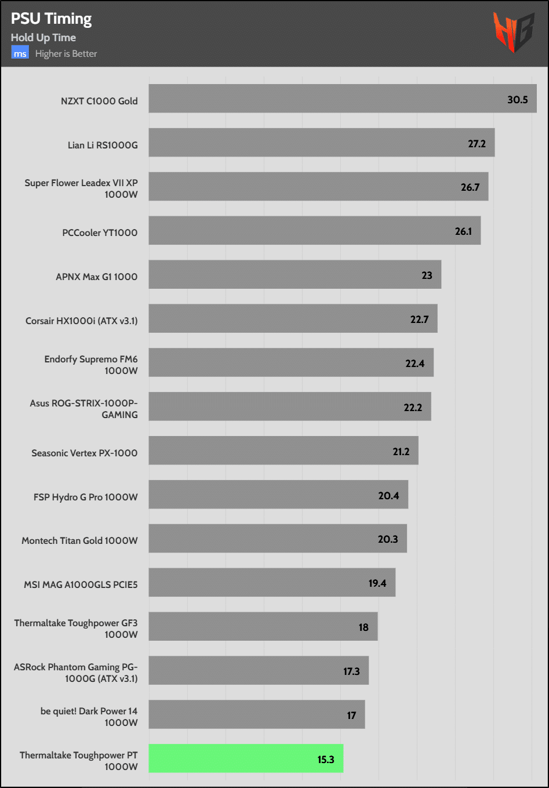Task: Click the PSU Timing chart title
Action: [x=51, y=19]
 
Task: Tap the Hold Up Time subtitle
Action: [x=43, y=38]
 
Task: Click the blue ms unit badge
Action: [x=20, y=53]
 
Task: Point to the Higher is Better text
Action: [x=66, y=54]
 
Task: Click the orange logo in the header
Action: [x=513, y=32]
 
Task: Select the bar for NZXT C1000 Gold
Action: [x=342, y=99]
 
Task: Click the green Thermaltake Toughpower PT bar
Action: [x=246, y=758]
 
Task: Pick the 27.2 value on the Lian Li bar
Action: [x=477, y=144]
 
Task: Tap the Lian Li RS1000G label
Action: [x=103, y=145]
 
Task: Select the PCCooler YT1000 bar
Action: [x=314, y=231]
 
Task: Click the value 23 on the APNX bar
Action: [x=427, y=275]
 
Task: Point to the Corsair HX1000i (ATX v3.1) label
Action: [x=82, y=321]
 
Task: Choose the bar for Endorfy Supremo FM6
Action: [x=291, y=362]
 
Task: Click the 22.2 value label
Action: [x=413, y=408]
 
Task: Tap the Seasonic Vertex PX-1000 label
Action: [x=85, y=453]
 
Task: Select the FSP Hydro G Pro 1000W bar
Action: [x=278, y=495]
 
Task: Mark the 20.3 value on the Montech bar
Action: [x=388, y=539]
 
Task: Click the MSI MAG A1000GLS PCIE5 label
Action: [x=81, y=584]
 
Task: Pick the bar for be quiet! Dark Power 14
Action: [x=257, y=714]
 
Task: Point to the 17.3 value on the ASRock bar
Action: [x=351, y=671]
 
